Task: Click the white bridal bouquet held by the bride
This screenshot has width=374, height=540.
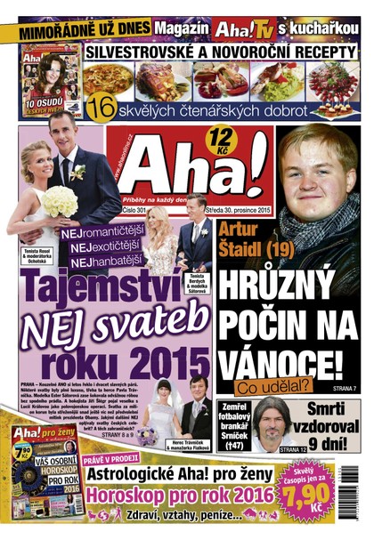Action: [59, 201]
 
